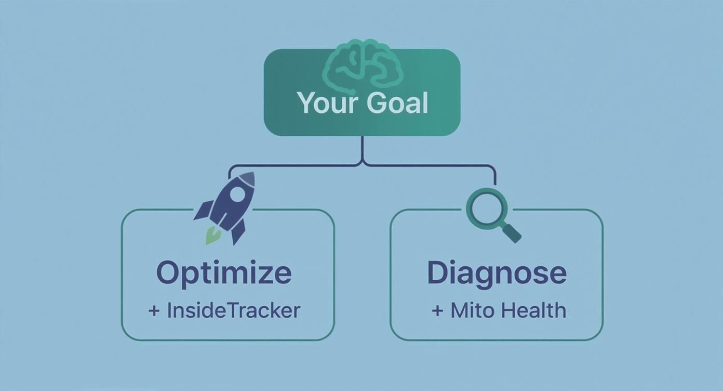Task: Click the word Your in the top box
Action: point(329,102)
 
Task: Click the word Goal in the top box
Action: point(397,102)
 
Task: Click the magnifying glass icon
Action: point(491,213)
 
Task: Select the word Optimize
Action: point(223,273)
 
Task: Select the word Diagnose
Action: point(497,273)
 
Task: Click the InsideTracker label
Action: point(233,310)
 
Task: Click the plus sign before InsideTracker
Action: point(154,311)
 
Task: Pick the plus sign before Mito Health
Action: point(438,311)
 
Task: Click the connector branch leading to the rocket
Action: point(291,166)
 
